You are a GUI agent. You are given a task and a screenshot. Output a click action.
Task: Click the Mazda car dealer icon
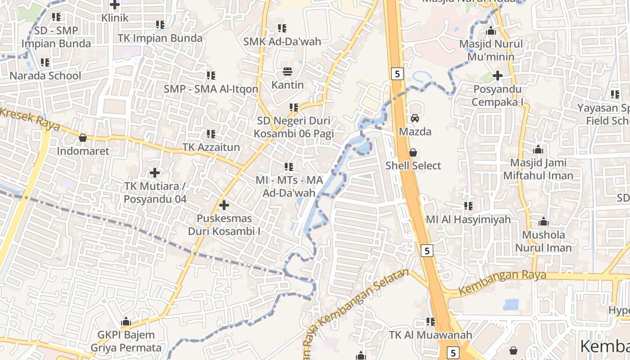coord(414,118)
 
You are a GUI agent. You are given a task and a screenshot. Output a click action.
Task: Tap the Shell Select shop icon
coord(413,153)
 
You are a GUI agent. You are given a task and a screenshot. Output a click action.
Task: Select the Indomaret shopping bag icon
coord(83,138)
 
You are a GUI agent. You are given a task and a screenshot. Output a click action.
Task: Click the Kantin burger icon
coord(288,72)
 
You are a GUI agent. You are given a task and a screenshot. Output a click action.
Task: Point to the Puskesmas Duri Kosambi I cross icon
coord(224,206)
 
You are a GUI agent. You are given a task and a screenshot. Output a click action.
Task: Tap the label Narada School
coord(45,76)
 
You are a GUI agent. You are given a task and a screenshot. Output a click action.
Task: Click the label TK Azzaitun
coord(211,147)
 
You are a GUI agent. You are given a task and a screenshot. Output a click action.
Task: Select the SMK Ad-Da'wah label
coord(282,42)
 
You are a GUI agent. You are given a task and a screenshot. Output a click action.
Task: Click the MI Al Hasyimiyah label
coord(468,220)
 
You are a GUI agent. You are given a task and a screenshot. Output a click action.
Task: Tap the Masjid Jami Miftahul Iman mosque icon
coord(538,149)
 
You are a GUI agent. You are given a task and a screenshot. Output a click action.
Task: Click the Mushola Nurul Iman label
coord(543,241)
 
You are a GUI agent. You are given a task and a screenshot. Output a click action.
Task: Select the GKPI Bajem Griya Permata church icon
coord(126,322)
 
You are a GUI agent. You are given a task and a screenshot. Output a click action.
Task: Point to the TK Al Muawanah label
coord(431,335)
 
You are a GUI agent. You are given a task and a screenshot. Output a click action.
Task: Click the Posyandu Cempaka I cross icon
coord(497,76)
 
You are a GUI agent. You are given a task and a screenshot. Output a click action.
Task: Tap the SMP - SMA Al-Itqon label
coord(211,89)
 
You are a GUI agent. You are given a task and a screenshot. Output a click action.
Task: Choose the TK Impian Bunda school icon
coord(160,24)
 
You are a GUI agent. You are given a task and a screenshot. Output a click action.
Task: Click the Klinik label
coord(115,18)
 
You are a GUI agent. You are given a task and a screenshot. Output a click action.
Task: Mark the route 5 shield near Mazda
coord(396,73)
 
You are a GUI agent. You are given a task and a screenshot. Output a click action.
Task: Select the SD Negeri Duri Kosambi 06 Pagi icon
coord(294,108)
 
